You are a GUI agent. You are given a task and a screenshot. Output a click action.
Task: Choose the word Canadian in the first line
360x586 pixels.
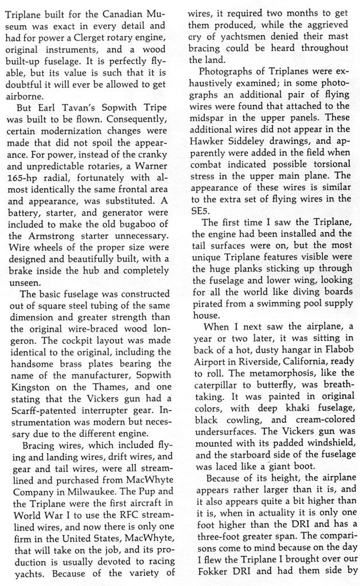(x=131, y=13)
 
